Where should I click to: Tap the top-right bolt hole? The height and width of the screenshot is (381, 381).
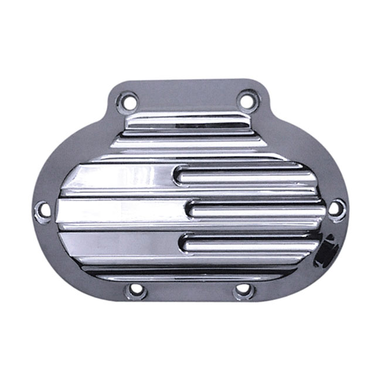pyautogui.click(x=247, y=101)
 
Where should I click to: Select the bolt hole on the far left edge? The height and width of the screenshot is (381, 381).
pyautogui.click(x=43, y=210)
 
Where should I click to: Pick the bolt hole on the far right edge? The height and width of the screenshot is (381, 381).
pyautogui.click(x=335, y=208)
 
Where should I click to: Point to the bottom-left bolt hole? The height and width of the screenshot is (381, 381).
pyautogui.click(x=136, y=289)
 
